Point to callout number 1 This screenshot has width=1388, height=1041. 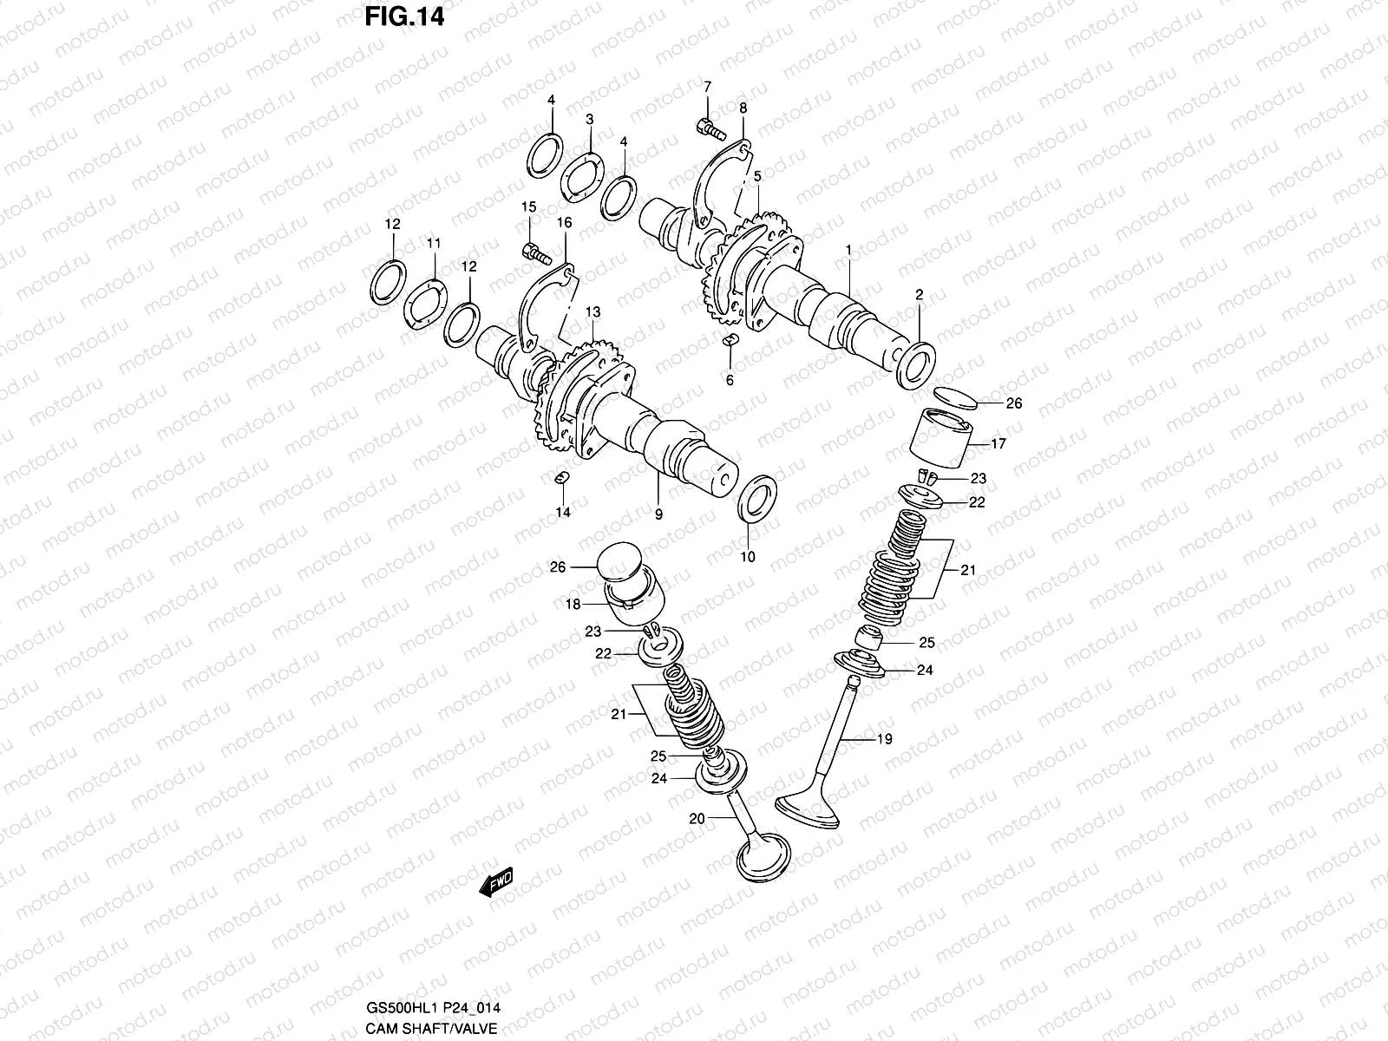[848, 250]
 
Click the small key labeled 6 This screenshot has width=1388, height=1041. [730, 338]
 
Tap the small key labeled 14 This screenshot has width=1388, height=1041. [560, 478]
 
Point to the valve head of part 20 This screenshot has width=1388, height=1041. [764, 858]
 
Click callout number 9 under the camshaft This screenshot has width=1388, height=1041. [658, 514]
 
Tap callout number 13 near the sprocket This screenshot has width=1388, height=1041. [593, 311]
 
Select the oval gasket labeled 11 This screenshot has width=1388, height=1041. [425, 304]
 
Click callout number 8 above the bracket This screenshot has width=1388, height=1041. [743, 108]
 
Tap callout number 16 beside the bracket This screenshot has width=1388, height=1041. [565, 223]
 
